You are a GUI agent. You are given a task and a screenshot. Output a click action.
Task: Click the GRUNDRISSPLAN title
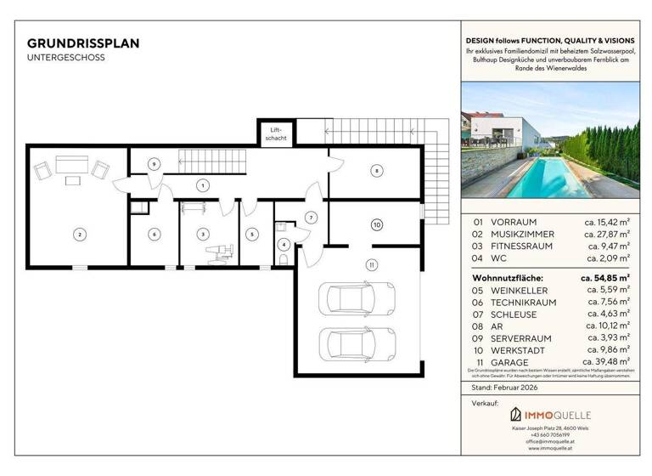(x=83, y=42)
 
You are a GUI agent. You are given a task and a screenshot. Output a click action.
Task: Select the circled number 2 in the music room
(x=79, y=234)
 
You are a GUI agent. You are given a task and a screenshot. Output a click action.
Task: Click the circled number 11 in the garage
(x=371, y=265)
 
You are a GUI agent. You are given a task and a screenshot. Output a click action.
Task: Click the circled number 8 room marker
(x=375, y=172)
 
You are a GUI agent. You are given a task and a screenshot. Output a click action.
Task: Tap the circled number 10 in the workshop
(x=376, y=224)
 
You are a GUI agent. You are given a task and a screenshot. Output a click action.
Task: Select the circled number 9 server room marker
(x=154, y=163)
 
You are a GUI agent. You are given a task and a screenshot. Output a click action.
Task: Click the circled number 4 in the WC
(x=284, y=245)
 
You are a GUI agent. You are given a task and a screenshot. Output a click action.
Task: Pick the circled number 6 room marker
(x=154, y=234)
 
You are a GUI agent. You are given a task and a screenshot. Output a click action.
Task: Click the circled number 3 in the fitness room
(x=202, y=234)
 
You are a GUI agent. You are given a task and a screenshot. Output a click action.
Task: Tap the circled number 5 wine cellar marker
(x=251, y=234)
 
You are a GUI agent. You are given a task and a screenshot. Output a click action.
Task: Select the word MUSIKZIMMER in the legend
(x=523, y=234)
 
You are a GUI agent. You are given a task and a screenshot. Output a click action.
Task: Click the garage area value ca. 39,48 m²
(x=605, y=363)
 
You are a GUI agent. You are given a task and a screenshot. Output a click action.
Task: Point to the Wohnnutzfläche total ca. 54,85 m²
(x=604, y=277)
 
